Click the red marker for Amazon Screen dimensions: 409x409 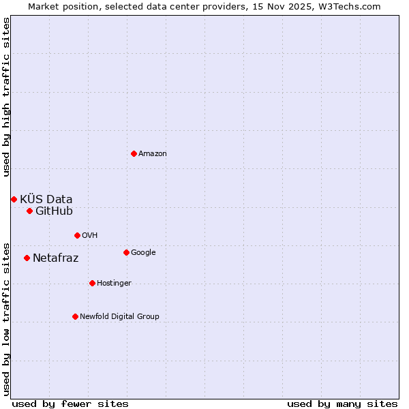coord(134,153)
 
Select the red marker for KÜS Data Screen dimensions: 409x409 coord(14,199)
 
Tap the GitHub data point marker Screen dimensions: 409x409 coord(29,211)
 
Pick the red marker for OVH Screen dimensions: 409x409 coord(77,235)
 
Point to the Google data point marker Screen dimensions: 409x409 coord(126,252)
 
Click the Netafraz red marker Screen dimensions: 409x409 coord(27,258)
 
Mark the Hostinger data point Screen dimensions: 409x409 coord(92,283)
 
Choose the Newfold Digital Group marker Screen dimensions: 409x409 coord(75,316)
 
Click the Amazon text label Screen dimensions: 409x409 coord(153,154)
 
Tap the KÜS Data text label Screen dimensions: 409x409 coord(46,199)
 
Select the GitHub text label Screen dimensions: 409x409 coord(54,211)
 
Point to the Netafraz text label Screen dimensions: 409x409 coord(55,258)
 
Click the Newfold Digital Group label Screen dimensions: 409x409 coord(119,316)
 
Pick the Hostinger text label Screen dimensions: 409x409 coord(114,283)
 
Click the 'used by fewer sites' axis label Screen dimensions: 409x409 coord(70,404)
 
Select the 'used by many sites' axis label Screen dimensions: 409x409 coord(342,404)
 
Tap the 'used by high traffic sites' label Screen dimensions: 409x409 coord(6,97)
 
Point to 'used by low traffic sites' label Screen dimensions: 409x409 coord(6,318)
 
